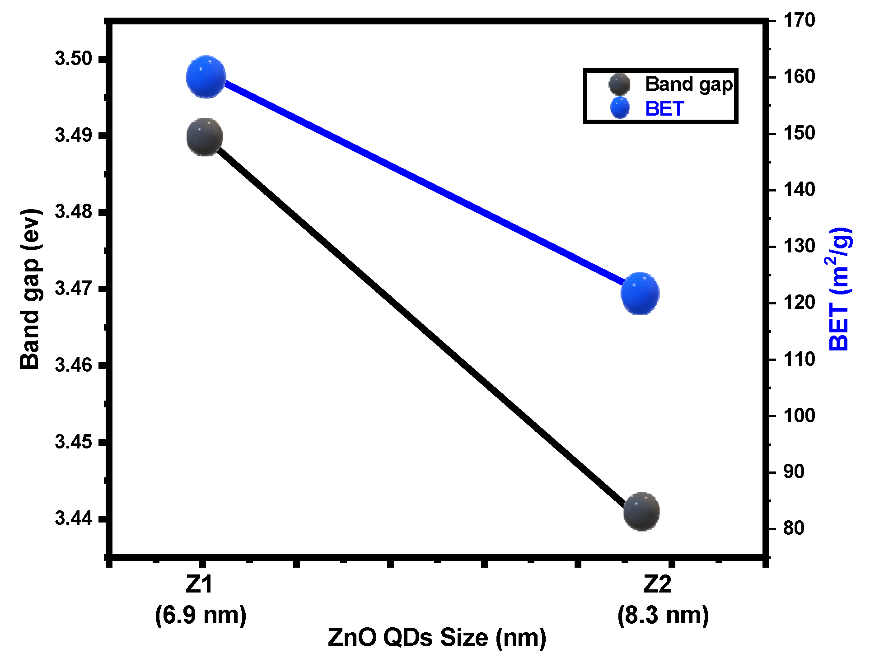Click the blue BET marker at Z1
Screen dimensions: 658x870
tap(206, 77)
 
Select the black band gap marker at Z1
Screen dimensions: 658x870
tap(205, 137)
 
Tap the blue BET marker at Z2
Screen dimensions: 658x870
tap(640, 294)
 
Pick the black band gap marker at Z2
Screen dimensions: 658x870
tap(641, 511)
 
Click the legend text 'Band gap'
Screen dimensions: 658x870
tap(688, 84)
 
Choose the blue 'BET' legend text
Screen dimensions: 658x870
tap(664, 109)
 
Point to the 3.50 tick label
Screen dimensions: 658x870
tap(73, 59)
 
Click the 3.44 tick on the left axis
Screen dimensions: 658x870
tap(73, 518)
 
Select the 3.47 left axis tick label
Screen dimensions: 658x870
tap(73, 288)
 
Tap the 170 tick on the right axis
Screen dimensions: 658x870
tap(799, 20)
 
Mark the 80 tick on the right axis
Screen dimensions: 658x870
tap(794, 528)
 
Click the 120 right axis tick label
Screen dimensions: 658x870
tap(799, 302)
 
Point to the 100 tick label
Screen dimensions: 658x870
tap(799, 415)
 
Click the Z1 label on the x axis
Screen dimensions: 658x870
tap(199, 584)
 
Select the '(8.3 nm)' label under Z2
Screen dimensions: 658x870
tap(663, 615)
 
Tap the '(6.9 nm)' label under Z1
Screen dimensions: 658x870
tap(201, 615)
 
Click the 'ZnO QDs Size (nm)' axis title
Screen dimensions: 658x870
tap(437, 637)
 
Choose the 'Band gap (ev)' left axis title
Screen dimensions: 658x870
tap(31, 289)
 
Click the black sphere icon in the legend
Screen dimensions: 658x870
tap(619, 84)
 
